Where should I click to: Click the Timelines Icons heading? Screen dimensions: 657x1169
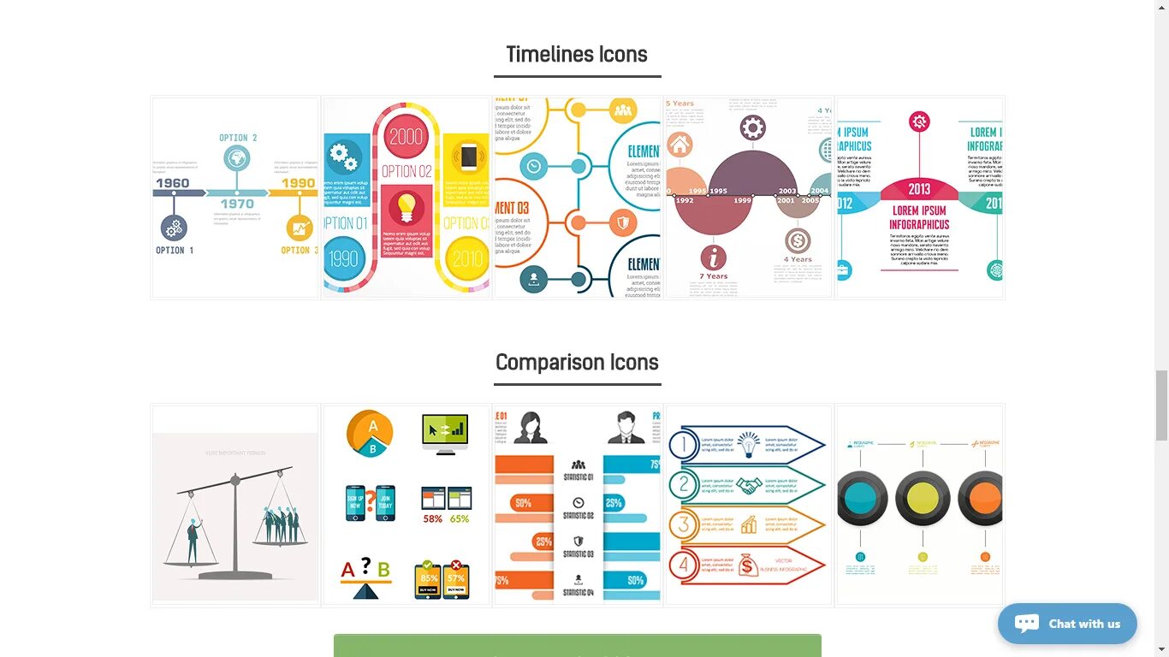click(576, 55)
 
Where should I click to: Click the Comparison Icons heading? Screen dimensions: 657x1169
click(577, 363)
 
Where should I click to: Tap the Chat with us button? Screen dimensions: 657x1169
click(1067, 624)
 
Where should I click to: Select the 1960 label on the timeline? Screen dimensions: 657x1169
click(172, 183)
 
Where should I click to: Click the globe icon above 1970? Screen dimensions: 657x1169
click(237, 158)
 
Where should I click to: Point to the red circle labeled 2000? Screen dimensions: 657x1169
click(406, 136)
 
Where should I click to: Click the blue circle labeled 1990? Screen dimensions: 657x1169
click(344, 258)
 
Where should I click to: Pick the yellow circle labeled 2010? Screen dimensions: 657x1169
click(468, 258)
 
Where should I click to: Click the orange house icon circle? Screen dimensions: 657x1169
click(679, 144)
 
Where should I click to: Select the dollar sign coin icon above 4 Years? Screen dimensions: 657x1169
click(798, 240)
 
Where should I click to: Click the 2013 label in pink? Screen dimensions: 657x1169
click(919, 189)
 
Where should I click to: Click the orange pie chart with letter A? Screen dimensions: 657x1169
click(370, 432)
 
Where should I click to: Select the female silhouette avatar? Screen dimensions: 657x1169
click(531, 428)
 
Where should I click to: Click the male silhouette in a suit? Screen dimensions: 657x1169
click(626, 428)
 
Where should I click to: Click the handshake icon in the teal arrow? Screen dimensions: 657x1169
click(750, 485)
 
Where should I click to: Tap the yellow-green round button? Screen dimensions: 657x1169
click(922, 498)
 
